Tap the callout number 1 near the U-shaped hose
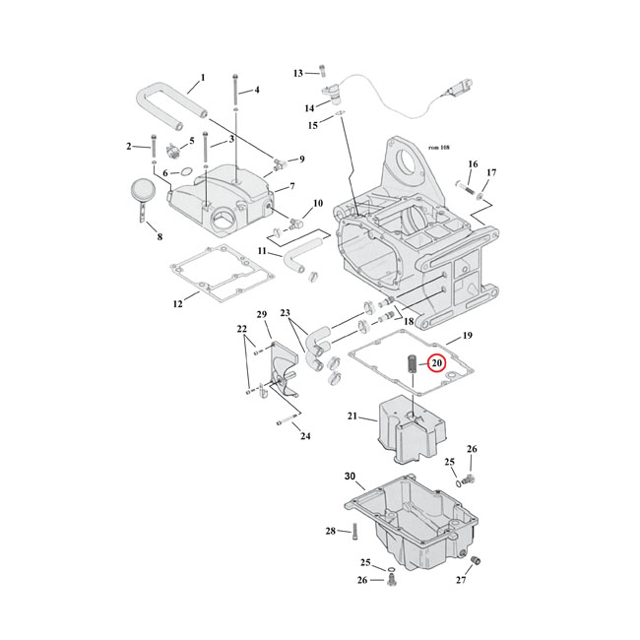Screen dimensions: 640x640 coord(202,77)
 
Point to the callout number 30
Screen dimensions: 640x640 coord(351,476)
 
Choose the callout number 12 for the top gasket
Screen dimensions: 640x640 coord(177,304)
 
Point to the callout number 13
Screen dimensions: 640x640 coord(298,73)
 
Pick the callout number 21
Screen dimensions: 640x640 coord(352,416)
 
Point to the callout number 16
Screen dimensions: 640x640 coord(473,164)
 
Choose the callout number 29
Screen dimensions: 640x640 coord(263,314)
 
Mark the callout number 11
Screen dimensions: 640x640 coord(264,252)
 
